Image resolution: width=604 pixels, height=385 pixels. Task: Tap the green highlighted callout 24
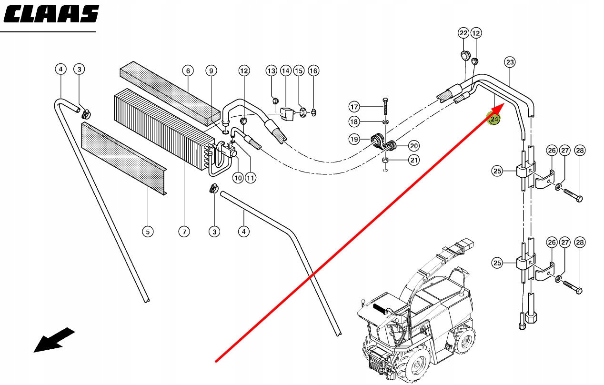(x=494, y=119)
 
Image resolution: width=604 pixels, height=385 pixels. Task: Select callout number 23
(x=510, y=62)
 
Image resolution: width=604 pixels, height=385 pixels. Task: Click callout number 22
(x=463, y=33)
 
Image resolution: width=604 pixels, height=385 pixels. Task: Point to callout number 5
(x=148, y=232)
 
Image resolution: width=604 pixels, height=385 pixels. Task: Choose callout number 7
(x=188, y=71)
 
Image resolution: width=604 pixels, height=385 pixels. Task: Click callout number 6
(x=184, y=232)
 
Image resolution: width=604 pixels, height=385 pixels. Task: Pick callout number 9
(x=211, y=71)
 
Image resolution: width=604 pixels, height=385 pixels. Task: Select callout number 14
(x=285, y=71)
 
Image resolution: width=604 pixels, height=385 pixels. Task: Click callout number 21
(x=414, y=160)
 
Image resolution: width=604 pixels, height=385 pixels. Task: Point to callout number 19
(x=353, y=140)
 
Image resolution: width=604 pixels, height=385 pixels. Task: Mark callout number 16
(x=313, y=71)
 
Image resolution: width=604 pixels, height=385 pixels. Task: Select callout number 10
(x=238, y=178)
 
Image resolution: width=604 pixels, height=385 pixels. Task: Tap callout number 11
(x=251, y=178)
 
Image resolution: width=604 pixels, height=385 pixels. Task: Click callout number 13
(x=271, y=71)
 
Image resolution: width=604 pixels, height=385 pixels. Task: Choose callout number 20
(x=413, y=146)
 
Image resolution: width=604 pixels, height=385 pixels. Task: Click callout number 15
(x=299, y=71)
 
